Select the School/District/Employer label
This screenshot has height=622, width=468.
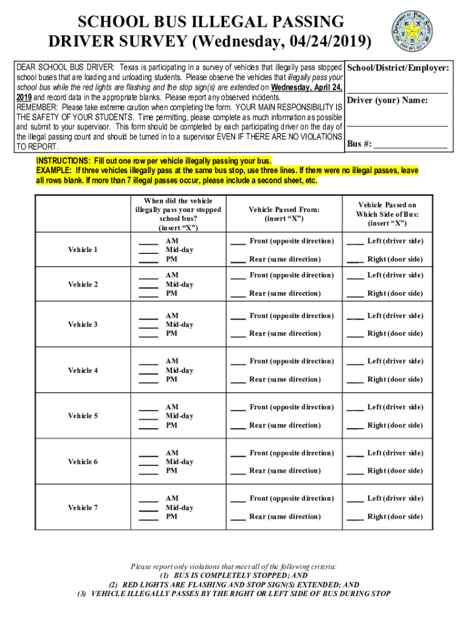pos(398,69)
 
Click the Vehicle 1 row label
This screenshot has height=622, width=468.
pos(83,250)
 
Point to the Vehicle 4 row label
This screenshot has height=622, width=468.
pos(83,371)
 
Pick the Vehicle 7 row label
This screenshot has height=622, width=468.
pos(83,508)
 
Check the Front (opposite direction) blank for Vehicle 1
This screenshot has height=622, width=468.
pos(238,242)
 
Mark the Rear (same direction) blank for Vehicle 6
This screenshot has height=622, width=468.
pos(238,471)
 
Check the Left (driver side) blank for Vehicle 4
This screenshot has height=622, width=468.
pos(355,362)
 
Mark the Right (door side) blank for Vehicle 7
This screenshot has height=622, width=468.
pos(355,518)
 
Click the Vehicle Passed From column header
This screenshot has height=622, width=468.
pos(284,214)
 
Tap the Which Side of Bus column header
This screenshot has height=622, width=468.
pos(387,214)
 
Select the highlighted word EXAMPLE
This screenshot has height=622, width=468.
pos(55,171)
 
